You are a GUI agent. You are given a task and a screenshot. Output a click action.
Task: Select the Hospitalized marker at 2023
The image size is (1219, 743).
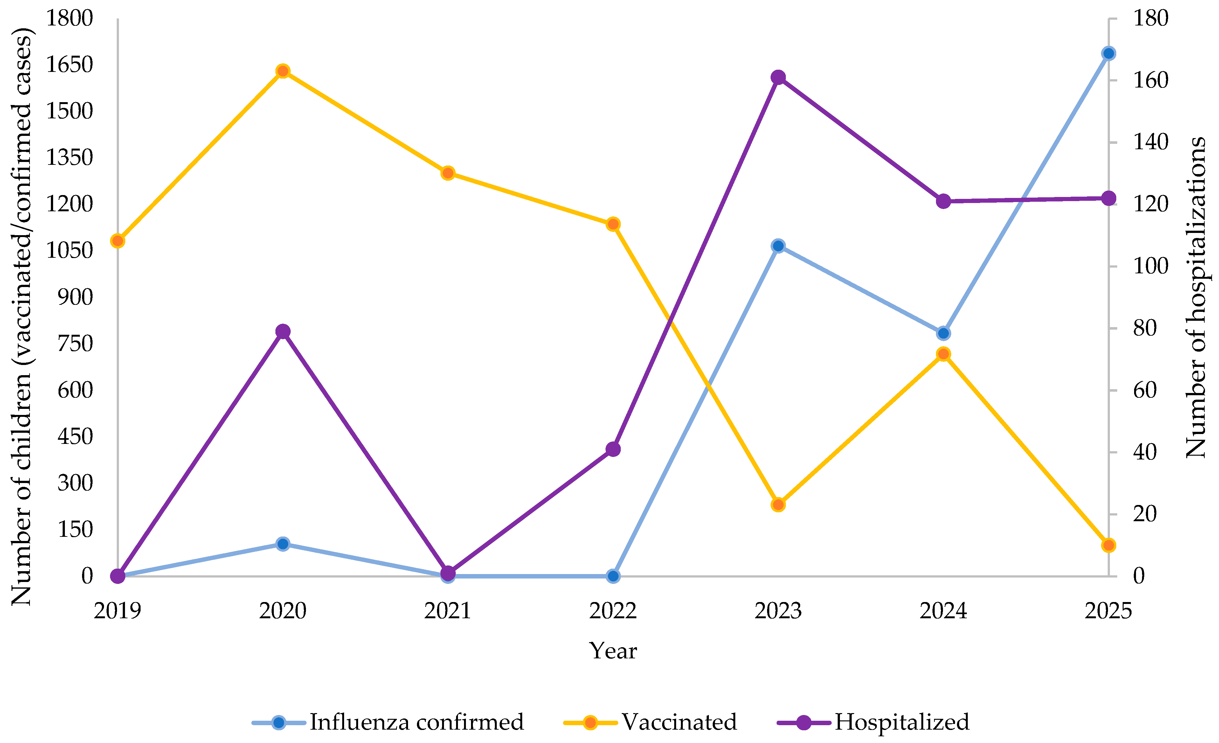coord(778,77)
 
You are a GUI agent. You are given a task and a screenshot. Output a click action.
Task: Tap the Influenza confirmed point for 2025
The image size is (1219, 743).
coord(1109,53)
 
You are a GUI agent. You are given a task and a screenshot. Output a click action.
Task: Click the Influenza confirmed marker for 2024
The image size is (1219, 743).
coord(944,333)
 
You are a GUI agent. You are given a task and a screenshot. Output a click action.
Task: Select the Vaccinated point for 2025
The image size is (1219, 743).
coord(1109,545)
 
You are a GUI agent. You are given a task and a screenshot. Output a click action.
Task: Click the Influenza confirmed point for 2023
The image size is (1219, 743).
coord(778,246)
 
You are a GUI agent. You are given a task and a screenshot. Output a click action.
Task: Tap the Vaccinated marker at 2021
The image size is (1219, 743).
coord(448,173)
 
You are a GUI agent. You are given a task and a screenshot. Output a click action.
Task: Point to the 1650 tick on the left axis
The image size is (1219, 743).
coord(69,64)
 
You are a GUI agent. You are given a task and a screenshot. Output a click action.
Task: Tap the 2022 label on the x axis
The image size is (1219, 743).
coord(613,611)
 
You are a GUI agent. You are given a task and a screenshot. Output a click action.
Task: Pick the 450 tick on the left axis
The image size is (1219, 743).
coord(75,437)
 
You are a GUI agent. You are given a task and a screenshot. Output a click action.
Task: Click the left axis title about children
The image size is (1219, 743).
coord(22,317)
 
